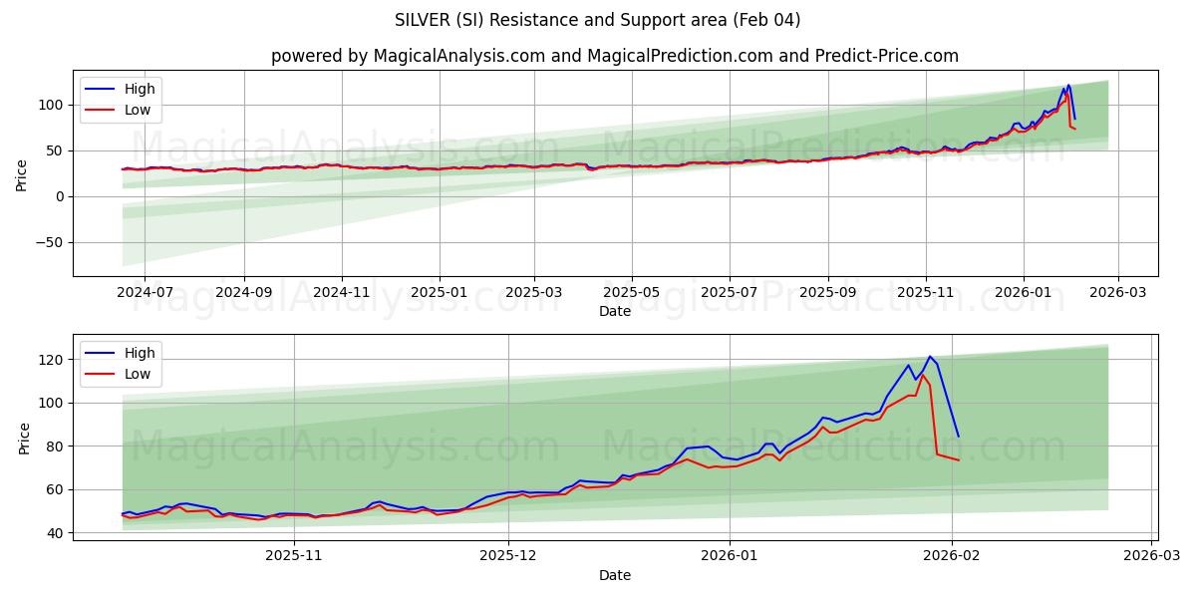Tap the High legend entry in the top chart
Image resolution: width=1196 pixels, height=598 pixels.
[x=140, y=89]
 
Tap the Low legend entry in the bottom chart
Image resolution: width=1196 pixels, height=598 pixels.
[x=138, y=374]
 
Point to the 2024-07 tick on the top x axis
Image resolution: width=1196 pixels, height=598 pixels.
[x=145, y=293]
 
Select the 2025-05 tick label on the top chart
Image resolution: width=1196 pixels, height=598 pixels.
[x=631, y=293]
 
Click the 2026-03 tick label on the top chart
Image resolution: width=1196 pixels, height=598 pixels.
[x=1117, y=293]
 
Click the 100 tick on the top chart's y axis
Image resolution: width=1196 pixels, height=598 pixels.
[x=52, y=105]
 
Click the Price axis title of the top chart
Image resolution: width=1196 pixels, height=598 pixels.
[x=22, y=173]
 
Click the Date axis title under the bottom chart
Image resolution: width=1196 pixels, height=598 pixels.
[x=615, y=575]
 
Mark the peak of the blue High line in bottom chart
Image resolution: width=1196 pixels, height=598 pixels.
[x=930, y=357]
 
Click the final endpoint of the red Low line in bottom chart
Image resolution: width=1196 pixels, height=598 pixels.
[x=959, y=459]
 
